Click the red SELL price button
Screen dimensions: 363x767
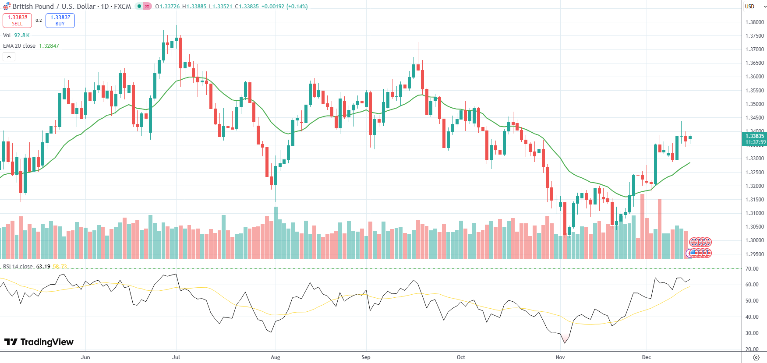point(17,21)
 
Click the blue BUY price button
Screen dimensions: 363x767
point(60,21)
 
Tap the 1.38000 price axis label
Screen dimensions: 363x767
point(754,22)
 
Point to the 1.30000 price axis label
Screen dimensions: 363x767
point(754,240)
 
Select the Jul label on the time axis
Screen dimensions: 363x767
point(176,357)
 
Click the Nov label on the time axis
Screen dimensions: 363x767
point(560,357)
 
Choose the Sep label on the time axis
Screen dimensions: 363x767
point(366,357)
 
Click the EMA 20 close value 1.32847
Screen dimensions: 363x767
point(49,46)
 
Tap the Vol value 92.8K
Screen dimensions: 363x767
point(22,35)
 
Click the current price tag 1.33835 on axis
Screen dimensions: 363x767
point(754,136)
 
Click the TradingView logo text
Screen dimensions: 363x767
point(39,342)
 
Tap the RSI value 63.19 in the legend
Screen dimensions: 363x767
point(43,267)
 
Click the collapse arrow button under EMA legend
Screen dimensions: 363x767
point(9,56)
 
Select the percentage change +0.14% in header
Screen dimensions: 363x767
point(297,7)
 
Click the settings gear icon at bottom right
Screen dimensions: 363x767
point(756,357)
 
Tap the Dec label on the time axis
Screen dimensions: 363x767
point(647,357)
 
